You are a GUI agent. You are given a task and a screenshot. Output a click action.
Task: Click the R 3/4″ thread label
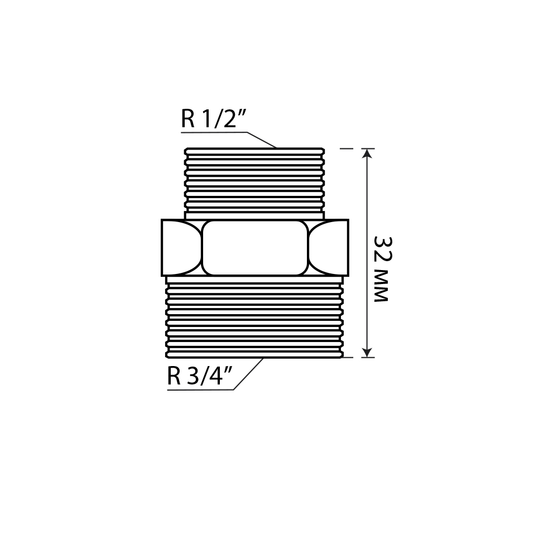[x=200, y=376]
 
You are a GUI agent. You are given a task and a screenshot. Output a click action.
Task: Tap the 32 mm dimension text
[x=382, y=269]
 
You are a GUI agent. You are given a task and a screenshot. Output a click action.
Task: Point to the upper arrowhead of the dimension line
[x=367, y=153]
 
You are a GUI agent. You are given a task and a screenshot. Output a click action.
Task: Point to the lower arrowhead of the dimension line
[x=367, y=352]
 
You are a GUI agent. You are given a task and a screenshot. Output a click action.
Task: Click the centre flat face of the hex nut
[x=255, y=248]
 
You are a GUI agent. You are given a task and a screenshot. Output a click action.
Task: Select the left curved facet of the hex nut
[x=181, y=248]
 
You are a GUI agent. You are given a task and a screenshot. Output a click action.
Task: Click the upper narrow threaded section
[x=254, y=184]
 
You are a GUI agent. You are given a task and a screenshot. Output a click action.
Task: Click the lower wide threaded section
[x=255, y=317]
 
